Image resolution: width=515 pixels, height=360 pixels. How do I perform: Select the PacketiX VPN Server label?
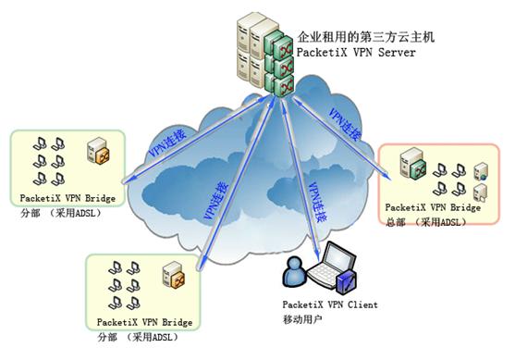pos(355,53)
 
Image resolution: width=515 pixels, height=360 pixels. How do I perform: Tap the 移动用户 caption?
pos(302,317)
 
